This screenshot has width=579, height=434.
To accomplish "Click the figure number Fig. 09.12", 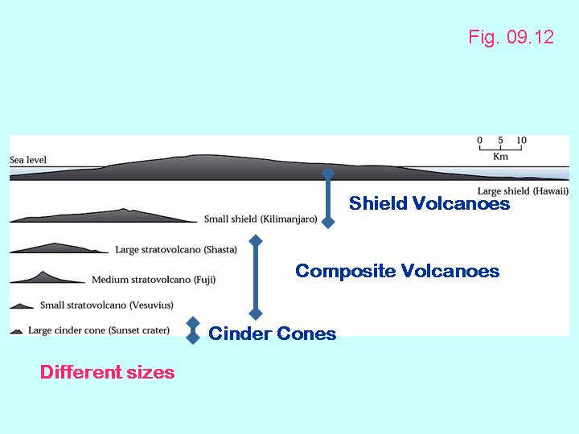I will click(511, 38).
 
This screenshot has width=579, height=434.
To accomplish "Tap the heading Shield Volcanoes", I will click(429, 204).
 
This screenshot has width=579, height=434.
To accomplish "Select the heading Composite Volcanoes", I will click(397, 271).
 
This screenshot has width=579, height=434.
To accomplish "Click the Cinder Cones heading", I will click(272, 333).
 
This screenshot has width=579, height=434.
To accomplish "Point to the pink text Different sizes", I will click(107, 372).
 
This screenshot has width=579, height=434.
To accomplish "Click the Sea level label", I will click(28, 160).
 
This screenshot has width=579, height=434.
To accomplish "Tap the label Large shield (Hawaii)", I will click(523, 191).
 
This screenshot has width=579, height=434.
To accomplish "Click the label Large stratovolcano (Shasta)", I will click(176, 250).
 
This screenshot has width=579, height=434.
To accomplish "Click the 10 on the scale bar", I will click(521, 141).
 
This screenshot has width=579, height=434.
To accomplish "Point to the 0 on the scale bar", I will click(479, 141).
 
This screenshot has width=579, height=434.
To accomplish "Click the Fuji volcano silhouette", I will click(45, 278).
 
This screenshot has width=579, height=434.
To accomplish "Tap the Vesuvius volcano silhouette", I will click(23, 305).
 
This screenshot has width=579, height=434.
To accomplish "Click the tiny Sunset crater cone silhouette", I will click(16, 331).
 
